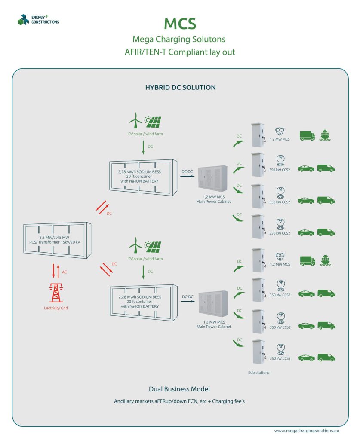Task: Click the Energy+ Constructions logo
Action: click(x=38, y=19)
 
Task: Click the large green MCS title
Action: click(x=179, y=24)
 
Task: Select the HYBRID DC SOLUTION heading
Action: click(x=181, y=87)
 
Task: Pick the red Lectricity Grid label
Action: click(x=55, y=308)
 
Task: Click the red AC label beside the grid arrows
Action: click(x=65, y=272)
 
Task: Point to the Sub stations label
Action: click(x=258, y=373)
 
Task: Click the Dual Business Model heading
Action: click(x=179, y=389)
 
